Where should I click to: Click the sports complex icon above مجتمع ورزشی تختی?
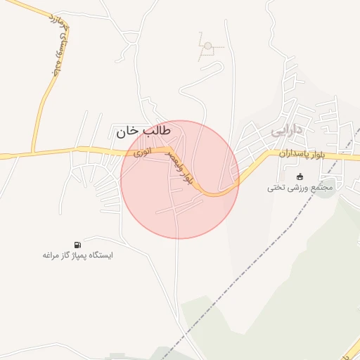(x=301, y=176)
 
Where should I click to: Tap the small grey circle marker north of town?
(x=207, y=46)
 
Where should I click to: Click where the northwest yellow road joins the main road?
(x=32, y=153)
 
